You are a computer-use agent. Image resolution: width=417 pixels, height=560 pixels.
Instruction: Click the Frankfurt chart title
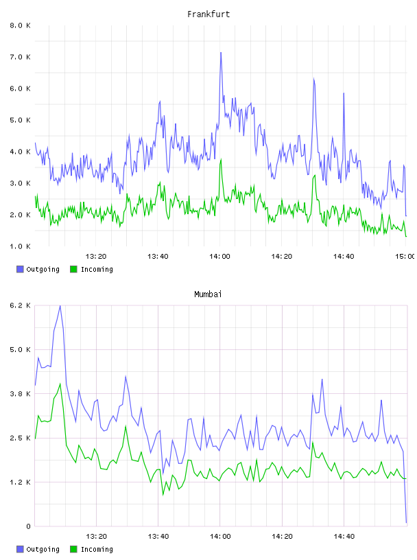coord(208,14)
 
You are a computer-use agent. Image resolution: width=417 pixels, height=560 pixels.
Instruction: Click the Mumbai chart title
coord(208,294)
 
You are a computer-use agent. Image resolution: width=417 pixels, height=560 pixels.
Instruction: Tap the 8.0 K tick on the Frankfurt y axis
coord(21,25)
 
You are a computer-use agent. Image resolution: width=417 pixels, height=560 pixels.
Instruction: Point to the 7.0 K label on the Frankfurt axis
coord(21,57)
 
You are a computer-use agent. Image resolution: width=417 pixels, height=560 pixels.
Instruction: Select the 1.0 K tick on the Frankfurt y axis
coord(21,246)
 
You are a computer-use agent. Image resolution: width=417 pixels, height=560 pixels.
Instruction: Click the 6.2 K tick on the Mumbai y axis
coord(21,305)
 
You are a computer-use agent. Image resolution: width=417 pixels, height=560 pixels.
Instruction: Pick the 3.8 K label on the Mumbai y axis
coord(21,393)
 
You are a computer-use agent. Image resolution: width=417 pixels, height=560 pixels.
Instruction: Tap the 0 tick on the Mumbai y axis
coord(28,526)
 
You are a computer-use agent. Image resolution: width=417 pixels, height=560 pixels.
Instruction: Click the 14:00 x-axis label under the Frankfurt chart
coord(219,257)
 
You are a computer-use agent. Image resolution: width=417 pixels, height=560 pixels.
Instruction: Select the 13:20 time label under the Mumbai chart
coord(96,537)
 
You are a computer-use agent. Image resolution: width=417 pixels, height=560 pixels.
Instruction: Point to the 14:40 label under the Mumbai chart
coord(344,537)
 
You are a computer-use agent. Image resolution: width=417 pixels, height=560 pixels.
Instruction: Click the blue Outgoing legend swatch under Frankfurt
coord(20,269)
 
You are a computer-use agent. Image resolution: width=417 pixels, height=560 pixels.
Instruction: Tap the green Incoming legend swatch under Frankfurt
coord(73,269)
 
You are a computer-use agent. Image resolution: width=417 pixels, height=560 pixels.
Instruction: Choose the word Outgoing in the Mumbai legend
coord(43,550)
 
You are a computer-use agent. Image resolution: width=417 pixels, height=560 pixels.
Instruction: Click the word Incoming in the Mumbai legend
coord(97,550)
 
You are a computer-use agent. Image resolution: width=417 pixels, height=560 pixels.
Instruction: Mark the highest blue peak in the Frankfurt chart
coord(221,53)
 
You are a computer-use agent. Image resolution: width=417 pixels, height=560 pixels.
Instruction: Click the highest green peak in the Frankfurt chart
coord(221,160)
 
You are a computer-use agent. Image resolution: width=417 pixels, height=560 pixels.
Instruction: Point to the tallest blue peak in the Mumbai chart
coord(60,305)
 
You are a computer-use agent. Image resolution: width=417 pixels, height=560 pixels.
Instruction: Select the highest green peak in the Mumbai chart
coord(60,384)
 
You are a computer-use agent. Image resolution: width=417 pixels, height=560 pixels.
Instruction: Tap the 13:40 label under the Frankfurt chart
coord(158,257)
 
